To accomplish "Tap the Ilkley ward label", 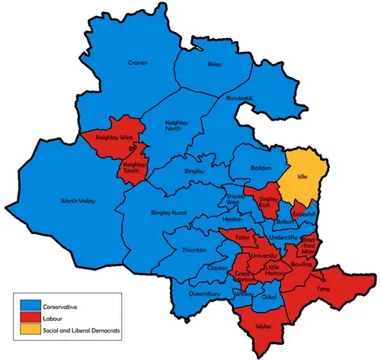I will pyautogui.click(x=215, y=65).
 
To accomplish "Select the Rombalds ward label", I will pyautogui.click(x=239, y=98).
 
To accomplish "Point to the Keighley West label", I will pyautogui.click(x=114, y=138).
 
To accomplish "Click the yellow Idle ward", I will pyautogui.click(x=309, y=176).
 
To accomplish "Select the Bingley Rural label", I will pyautogui.click(x=168, y=211).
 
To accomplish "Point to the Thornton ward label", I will pyautogui.click(x=194, y=250).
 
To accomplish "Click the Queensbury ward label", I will pyautogui.click(x=205, y=293).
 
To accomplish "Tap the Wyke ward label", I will pyautogui.click(x=263, y=326).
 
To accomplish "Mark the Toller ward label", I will pyautogui.click(x=242, y=237).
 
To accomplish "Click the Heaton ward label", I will pyautogui.click(x=232, y=218).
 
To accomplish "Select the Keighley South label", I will pyautogui.click(x=134, y=168).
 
